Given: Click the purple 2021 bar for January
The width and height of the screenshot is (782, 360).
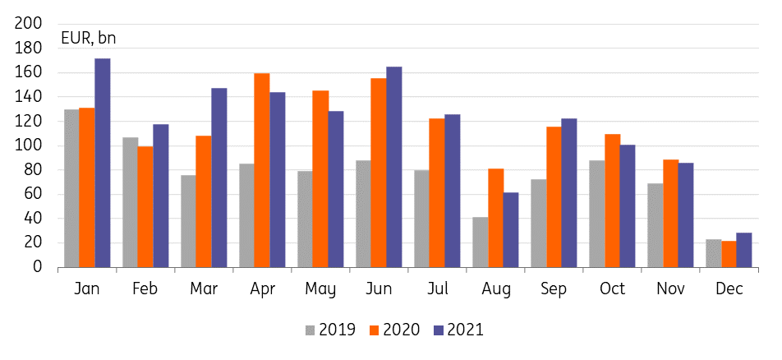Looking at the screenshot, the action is click(103, 163).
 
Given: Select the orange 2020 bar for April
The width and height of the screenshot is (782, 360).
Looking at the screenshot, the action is click(262, 170).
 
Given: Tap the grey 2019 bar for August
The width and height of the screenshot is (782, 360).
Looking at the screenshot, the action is click(481, 242).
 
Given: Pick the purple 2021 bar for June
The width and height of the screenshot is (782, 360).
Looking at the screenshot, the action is click(394, 168).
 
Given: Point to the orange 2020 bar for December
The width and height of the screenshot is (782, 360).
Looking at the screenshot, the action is click(729, 254).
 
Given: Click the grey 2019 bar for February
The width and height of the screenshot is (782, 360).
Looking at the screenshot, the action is click(131, 202).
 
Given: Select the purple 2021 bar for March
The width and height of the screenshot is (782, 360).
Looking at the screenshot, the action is click(219, 178).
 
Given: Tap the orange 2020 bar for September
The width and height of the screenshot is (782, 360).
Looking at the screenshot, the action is click(554, 197).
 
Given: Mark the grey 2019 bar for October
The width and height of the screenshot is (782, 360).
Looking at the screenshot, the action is click(597, 214).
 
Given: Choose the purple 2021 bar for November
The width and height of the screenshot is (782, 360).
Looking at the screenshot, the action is click(686, 215).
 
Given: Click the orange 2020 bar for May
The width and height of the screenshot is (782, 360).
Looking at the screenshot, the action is click(320, 178).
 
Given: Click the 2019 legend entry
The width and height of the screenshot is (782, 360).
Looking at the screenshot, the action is click(330, 330).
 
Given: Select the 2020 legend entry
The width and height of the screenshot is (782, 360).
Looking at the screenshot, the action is click(394, 330).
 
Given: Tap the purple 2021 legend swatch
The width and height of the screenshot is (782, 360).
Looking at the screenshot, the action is click(439, 330).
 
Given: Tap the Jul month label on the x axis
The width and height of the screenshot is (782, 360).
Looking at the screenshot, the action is click(438, 289).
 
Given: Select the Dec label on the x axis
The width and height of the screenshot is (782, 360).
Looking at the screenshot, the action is click(729, 289).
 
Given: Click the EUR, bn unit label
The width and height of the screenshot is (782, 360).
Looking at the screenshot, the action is click(88, 38).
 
